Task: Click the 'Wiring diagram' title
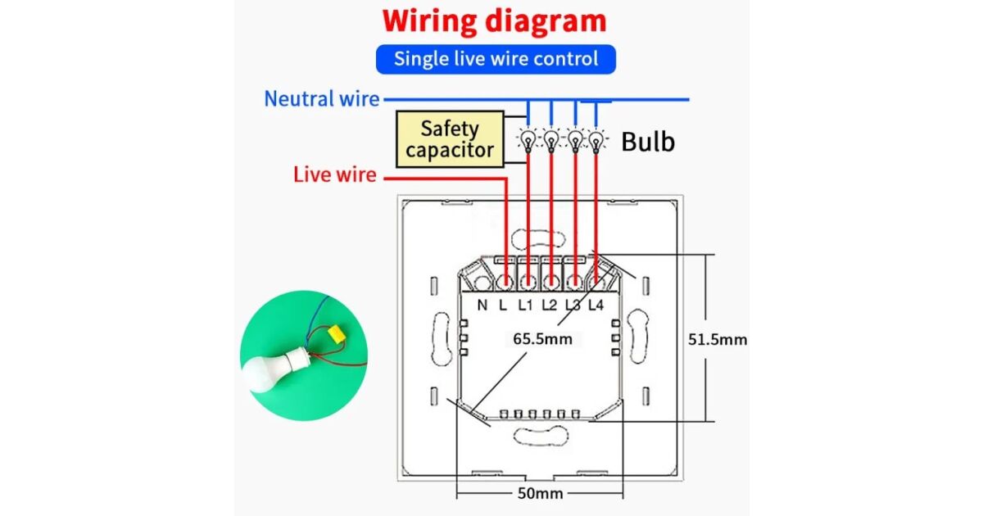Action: (495, 21)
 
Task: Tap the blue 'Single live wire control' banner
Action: (496, 59)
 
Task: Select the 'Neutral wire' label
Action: (321, 100)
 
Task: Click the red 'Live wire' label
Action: (334, 174)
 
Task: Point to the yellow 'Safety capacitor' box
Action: (450, 139)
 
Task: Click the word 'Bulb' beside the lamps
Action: (647, 142)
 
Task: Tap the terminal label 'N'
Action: (482, 306)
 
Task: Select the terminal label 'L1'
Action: (525, 306)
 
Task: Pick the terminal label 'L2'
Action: (549, 306)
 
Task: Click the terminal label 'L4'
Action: (596, 306)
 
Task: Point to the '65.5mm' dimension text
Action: (542, 337)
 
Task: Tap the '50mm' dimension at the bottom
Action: (540, 493)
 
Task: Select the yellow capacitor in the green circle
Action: (335, 333)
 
